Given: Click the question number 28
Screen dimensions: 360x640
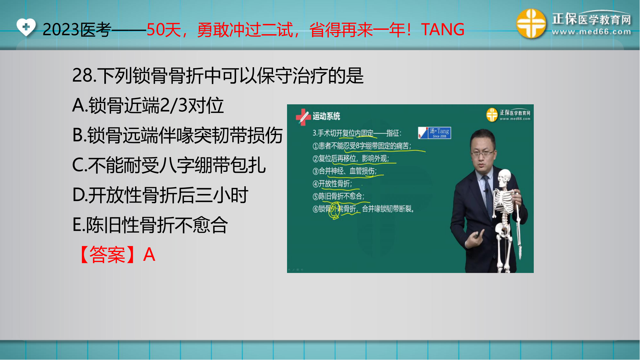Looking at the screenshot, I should [x=82, y=76].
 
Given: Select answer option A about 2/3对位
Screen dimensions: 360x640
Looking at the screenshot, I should [x=148, y=106].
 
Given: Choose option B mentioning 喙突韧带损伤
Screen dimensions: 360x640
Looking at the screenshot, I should [x=178, y=135].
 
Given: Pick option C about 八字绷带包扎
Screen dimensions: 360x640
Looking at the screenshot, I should [x=169, y=165].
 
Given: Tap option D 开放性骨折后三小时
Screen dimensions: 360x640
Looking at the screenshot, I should [x=160, y=195].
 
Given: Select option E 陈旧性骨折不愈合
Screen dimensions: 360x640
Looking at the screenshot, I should [x=150, y=225].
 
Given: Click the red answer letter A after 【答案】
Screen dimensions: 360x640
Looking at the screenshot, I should [x=149, y=255].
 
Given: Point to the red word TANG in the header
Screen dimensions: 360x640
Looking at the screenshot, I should [x=443, y=30].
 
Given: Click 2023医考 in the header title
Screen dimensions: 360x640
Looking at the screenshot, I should [x=77, y=30].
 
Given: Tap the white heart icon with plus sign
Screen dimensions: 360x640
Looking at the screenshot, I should [x=26, y=27].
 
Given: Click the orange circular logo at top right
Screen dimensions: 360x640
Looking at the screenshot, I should [x=531, y=24].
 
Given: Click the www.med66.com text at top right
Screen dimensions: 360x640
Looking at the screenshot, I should [x=591, y=32].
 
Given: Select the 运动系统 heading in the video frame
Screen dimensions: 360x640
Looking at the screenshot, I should [x=326, y=116].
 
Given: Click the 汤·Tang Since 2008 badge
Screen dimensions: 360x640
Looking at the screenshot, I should [x=435, y=133].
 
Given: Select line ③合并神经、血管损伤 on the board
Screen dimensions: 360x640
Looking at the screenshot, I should [x=345, y=171].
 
